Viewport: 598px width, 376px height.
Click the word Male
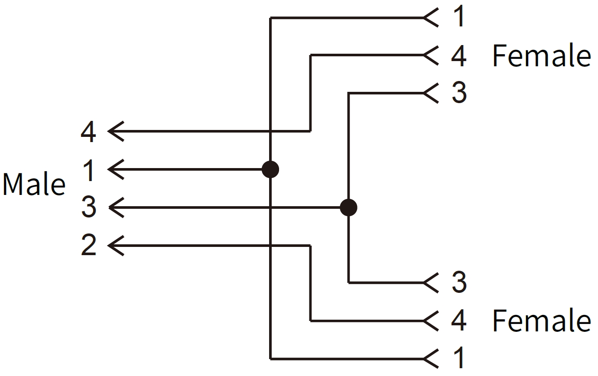click(34, 184)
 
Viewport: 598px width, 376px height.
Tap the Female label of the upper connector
click(541, 56)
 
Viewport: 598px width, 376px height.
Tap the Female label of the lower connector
click(541, 321)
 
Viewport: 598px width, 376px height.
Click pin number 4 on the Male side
click(88, 132)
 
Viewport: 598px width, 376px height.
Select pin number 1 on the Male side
click(89, 170)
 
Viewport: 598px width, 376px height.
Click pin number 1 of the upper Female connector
click(458, 17)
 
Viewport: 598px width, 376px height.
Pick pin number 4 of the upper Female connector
click(458, 55)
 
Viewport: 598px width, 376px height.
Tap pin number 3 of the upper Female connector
click(459, 93)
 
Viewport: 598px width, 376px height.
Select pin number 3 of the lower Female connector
click(459, 282)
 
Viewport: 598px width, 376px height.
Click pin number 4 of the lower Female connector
click(458, 321)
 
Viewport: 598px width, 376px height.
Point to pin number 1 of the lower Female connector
click(458, 359)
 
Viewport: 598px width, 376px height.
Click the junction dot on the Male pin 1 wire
click(270, 169)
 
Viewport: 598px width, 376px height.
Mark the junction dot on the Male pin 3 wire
click(348, 207)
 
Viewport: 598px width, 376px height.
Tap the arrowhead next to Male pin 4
click(115, 131)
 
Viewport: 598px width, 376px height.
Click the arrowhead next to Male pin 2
click(115, 246)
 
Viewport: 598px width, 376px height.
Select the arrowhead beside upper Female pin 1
click(430, 18)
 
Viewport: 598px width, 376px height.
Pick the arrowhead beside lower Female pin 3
click(430, 283)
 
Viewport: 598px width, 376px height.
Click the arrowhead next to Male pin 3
click(115, 207)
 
